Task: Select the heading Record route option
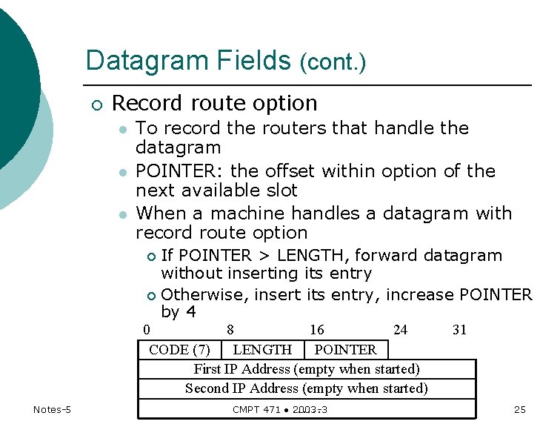pyautogui.click(x=214, y=103)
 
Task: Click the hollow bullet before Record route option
pyautogui.click(x=98, y=104)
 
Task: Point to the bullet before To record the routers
pyautogui.click(x=124, y=129)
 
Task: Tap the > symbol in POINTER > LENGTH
pyautogui.click(x=262, y=256)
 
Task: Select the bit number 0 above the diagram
pyautogui.click(x=147, y=330)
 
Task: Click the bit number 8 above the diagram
pyautogui.click(x=231, y=330)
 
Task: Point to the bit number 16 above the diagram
pyautogui.click(x=317, y=330)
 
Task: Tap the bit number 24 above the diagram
pyautogui.click(x=400, y=330)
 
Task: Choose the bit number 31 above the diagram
pyautogui.click(x=459, y=330)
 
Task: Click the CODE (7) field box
pyautogui.click(x=179, y=349)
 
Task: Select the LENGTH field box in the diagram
pyautogui.click(x=262, y=349)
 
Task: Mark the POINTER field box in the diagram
pyautogui.click(x=345, y=349)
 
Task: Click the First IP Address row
pyautogui.click(x=307, y=368)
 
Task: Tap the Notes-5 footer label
pyautogui.click(x=51, y=410)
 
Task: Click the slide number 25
pyautogui.click(x=519, y=410)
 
